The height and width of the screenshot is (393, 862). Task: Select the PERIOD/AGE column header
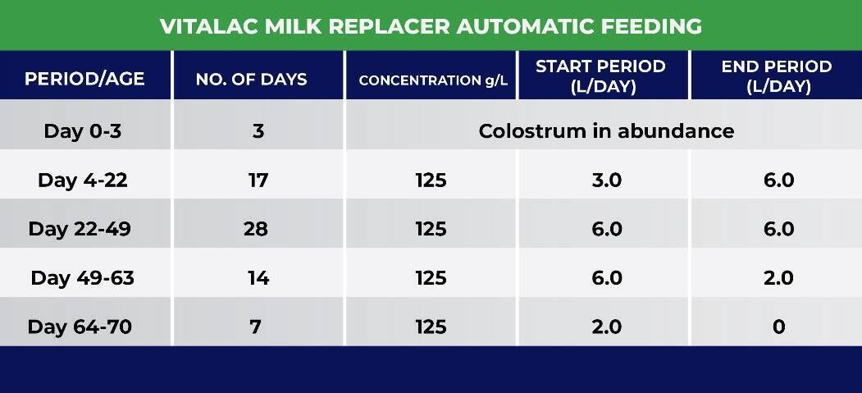pos(84,79)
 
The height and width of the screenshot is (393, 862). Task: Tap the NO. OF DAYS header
pos(251,79)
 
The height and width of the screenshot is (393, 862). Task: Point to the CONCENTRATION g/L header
pos(433,80)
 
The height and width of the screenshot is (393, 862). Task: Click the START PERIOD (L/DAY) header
pos(601,76)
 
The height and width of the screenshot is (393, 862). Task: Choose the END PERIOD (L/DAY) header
pos(777,76)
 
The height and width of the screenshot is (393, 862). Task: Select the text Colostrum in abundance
pos(606,131)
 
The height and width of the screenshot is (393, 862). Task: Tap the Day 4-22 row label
pos(83,181)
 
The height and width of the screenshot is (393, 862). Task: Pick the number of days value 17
pos(258,181)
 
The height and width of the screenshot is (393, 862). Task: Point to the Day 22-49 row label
pos(80,229)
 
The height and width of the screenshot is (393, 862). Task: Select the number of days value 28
pos(256,229)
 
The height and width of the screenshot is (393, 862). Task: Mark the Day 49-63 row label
pos(83,278)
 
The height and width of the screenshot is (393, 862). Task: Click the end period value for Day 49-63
pos(779,278)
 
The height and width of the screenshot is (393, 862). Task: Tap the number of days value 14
pos(258,278)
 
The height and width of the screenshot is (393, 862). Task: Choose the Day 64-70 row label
pos(80,327)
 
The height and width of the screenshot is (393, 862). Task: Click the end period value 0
pos(779,327)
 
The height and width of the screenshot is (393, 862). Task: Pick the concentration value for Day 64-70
pos(431,327)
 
